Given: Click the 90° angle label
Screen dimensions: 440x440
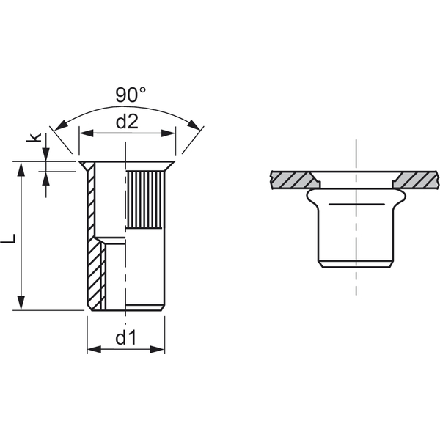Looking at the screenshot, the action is pyautogui.click(x=131, y=95).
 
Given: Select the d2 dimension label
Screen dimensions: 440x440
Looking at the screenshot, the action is pyautogui.click(x=127, y=122).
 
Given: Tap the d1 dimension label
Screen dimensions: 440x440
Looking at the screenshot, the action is pyautogui.click(x=125, y=337).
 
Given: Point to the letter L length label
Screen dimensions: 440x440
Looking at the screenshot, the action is pyautogui.click(x=8, y=238).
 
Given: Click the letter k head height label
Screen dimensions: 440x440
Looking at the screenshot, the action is pyautogui.click(x=34, y=137).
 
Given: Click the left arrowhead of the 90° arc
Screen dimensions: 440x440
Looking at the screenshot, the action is pyautogui.click(x=61, y=125).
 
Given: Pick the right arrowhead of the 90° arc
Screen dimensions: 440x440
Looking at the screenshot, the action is pyautogui.click(x=194, y=125).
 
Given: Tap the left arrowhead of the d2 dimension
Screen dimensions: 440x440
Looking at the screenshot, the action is pyautogui.click(x=87, y=133).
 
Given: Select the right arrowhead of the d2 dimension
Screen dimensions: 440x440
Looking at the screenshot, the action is pyautogui.click(x=169, y=133).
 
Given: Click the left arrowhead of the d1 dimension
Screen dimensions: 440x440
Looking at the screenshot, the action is pyautogui.click(x=94, y=349).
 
